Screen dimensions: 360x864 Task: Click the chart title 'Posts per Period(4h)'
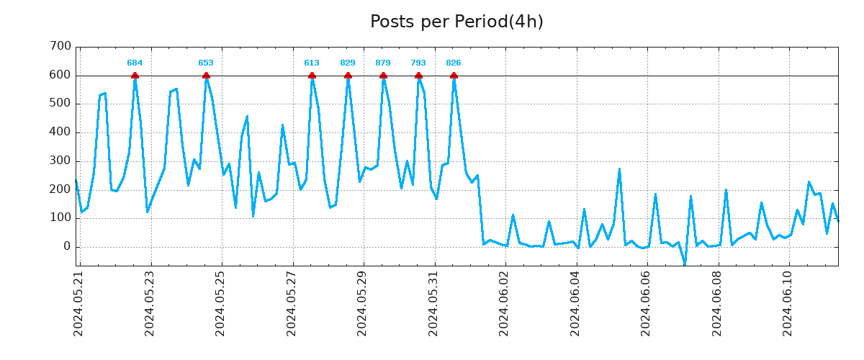pos(456,22)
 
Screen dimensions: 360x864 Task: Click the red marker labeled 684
pos(135,76)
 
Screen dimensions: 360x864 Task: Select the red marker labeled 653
pos(206,76)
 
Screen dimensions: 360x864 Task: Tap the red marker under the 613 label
pos(312,76)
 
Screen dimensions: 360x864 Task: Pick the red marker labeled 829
pos(348,76)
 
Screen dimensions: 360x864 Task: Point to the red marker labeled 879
pos(383,76)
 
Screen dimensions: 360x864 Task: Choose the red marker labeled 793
pos(418,76)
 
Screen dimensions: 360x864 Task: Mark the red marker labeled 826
pos(454,76)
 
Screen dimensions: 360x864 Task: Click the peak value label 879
pos(383,63)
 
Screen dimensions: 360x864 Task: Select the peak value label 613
pos(312,63)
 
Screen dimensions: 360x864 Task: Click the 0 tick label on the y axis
pos(66,247)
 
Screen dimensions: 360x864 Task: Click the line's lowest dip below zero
pos(685,264)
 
